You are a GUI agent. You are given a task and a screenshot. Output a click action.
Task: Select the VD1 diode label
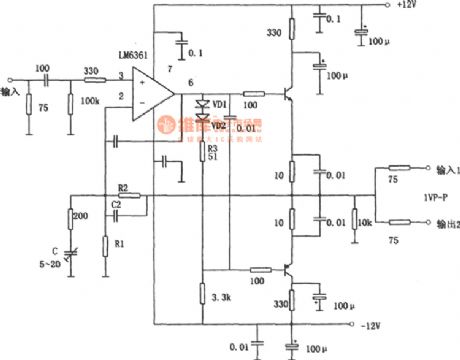pos(220,103)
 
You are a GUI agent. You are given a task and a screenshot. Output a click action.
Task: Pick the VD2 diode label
pos(218,125)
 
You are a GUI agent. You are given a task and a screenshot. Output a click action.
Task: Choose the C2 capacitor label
pos(117,203)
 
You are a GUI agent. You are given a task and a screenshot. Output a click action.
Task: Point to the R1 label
pos(120,243)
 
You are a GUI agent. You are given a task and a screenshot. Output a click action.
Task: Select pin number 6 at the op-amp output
pos(189,82)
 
